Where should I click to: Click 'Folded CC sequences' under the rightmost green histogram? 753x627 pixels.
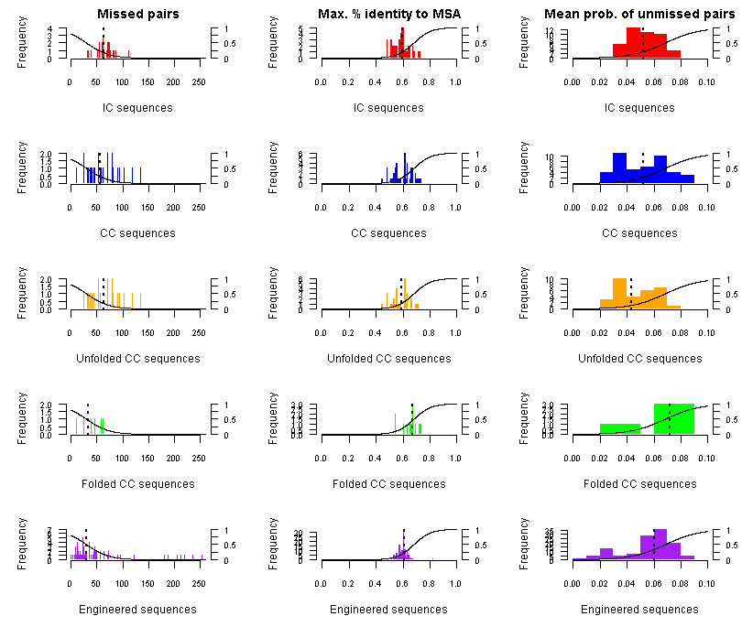tap(639, 484)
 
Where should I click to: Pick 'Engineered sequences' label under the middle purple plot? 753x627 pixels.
tap(388, 610)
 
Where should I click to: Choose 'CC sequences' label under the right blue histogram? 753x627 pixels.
tap(639, 233)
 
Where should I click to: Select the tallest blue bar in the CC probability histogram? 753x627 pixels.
tap(619, 168)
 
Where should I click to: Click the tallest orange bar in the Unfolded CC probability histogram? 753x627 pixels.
tap(619, 294)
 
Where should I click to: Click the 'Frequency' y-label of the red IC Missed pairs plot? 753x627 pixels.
tap(22, 44)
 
